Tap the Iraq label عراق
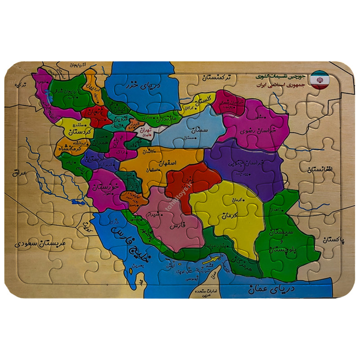click(x=20, y=172)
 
